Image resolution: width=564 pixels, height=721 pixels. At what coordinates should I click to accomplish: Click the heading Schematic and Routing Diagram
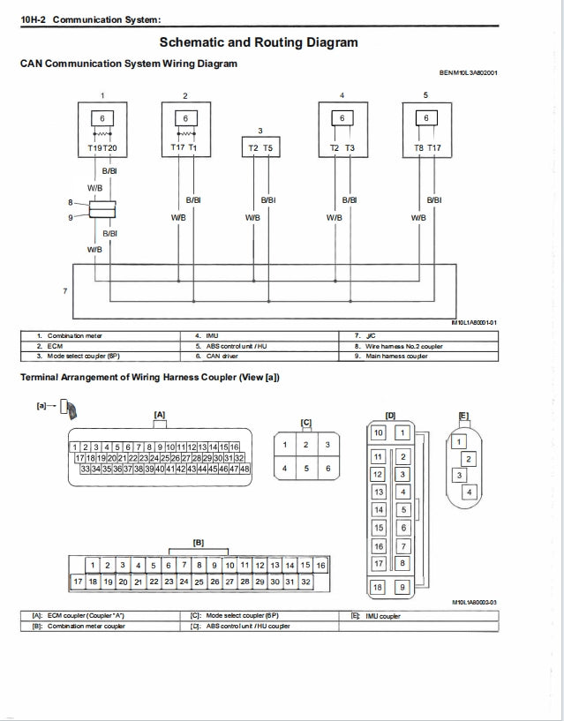coord(259,42)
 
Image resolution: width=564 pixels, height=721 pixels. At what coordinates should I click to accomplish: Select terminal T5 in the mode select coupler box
coord(267,148)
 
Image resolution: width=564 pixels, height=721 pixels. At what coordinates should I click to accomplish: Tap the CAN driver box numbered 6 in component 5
coord(426,118)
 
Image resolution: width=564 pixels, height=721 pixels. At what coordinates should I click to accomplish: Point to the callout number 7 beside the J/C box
coord(64,290)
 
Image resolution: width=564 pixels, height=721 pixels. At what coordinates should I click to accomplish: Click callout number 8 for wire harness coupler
coord(71,202)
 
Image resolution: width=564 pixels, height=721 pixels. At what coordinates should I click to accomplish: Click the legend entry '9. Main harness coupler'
coord(398,356)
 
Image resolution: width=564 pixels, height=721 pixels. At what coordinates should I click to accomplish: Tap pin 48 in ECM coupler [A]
coord(244,469)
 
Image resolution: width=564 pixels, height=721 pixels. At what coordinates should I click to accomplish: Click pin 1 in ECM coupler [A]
coord(76,447)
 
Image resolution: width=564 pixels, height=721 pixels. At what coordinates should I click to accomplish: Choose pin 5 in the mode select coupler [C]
coord(305,469)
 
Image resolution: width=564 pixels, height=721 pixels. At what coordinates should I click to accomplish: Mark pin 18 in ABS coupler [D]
coord(379,587)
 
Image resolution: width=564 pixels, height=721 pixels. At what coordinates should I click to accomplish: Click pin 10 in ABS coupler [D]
coord(379,432)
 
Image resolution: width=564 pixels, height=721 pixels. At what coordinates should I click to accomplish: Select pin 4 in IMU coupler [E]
coord(469,492)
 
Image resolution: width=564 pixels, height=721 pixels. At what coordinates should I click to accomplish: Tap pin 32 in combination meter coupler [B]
coord(305,582)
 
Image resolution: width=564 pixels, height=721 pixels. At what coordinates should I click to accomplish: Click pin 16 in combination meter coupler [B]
coord(320,565)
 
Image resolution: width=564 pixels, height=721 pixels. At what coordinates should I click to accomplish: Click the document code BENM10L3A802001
coord(468,73)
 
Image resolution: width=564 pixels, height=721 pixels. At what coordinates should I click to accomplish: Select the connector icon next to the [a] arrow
coord(77,408)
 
